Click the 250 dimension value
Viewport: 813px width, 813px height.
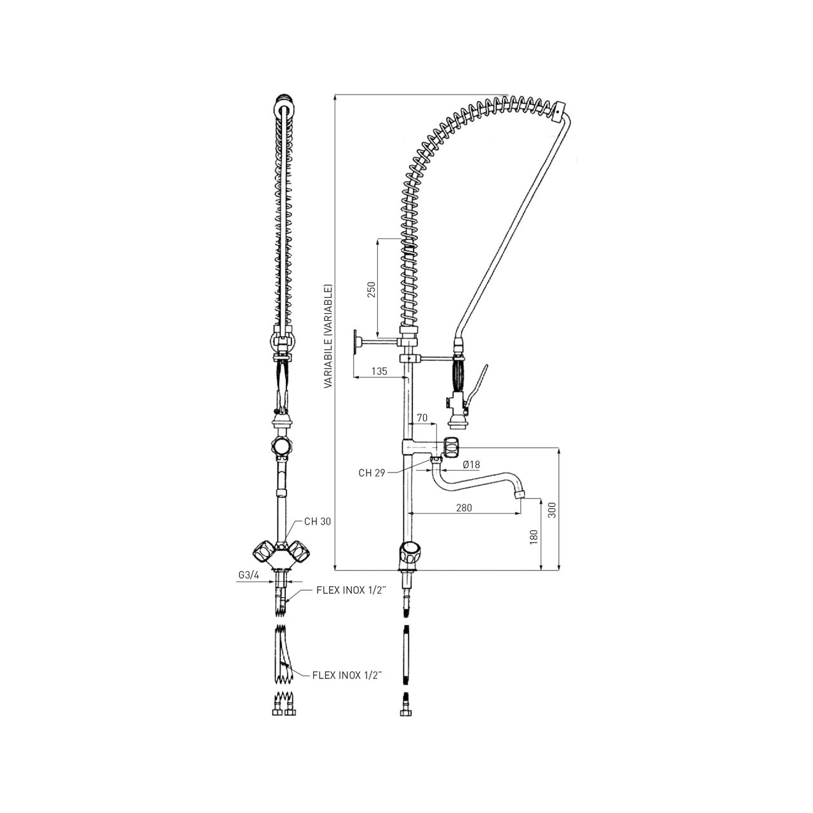tap(372, 289)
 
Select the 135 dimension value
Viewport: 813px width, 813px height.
tap(379, 371)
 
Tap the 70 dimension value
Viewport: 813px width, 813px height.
tap(422, 418)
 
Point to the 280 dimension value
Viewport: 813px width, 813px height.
tap(464, 507)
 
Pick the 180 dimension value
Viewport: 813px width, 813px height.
tap(534, 537)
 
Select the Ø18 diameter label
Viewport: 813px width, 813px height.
tap(471, 464)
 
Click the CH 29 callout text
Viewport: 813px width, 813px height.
tap(372, 473)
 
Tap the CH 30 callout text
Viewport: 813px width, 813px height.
tap(318, 521)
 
